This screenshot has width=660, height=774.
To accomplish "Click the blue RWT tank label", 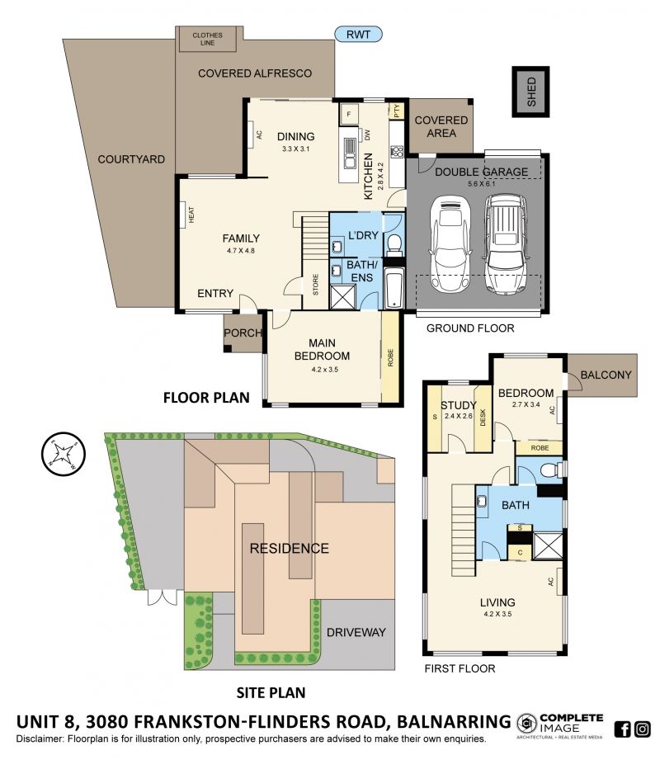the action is click(x=358, y=34).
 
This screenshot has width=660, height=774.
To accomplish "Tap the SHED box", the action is click(x=530, y=92).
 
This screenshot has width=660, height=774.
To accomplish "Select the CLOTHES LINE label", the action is click(x=207, y=39).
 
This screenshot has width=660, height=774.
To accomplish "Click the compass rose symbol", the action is click(x=64, y=454).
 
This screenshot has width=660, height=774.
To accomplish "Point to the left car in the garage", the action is click(x=450, y=245).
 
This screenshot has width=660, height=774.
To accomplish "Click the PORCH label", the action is click(x=243, y=333).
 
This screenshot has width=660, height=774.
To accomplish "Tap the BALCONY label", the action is click(x=606, y=375).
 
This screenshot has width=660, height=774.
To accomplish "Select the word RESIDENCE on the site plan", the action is click(x=290, y=549).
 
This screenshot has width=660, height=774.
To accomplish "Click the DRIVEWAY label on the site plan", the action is click(x=356, y=632).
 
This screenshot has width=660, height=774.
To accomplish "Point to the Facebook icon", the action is click(x=623, y=729).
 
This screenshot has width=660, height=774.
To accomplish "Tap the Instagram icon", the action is click(x=642, y=729).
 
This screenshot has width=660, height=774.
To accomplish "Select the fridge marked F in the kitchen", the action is click(x=349, y=115).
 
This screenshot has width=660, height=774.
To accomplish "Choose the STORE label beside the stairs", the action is click(x=316, y=285).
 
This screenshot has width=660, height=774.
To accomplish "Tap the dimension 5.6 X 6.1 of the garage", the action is click(x=481, y=184).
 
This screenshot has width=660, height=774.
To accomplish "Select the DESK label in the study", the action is click(x=483, y=417).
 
